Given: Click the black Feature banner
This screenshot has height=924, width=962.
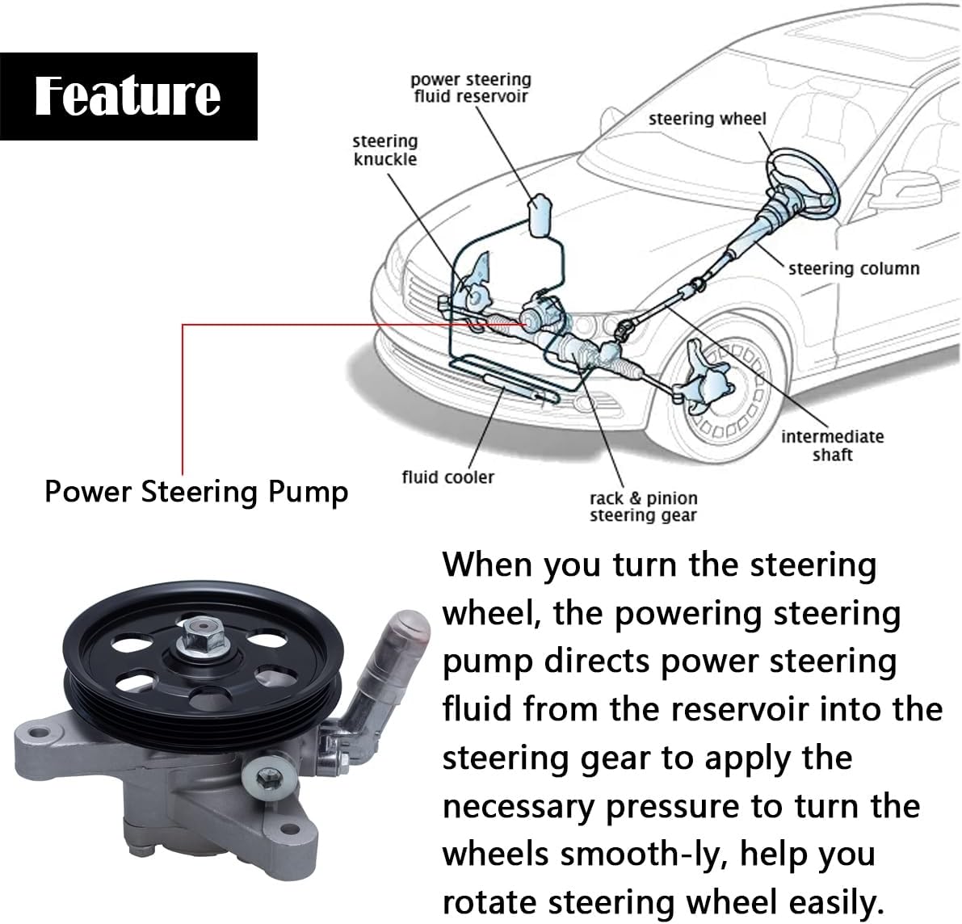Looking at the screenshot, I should pos(128,95).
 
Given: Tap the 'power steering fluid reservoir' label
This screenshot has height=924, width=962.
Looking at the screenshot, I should pos(470,88).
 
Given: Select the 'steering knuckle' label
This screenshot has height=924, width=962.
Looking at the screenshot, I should pos(384,150).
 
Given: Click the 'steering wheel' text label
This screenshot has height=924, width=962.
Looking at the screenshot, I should pos(707,119).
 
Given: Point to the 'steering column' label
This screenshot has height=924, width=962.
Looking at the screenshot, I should pos(853,268).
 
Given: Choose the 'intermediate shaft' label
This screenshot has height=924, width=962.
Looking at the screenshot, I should pos(832,446).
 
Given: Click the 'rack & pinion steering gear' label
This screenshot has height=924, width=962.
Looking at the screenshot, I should pos(643,507).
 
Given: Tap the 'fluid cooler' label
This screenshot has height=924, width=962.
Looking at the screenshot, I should pos(447,477).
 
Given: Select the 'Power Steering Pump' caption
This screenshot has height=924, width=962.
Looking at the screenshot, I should pos(196,492).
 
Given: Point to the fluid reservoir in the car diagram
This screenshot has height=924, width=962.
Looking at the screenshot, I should pos(539,215).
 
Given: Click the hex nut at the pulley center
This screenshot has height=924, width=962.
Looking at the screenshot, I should pos(196,653).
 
